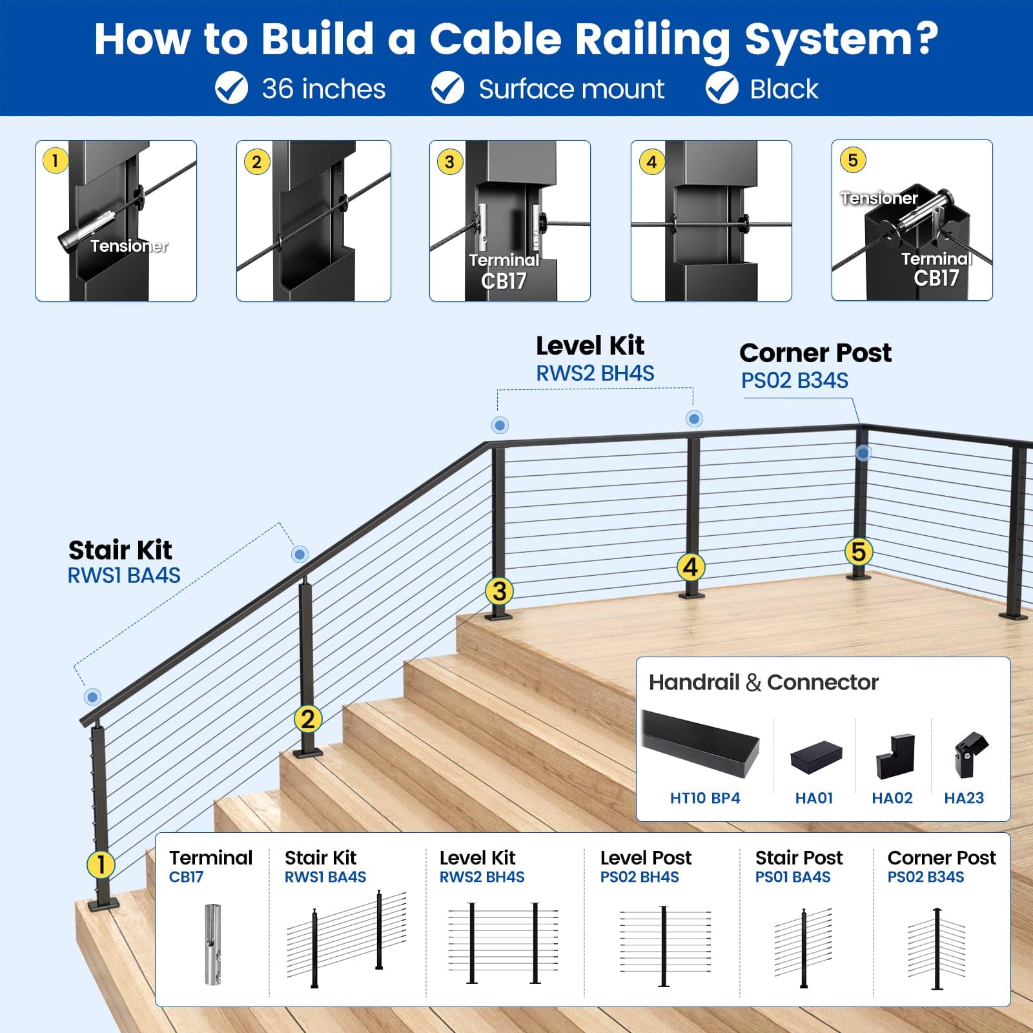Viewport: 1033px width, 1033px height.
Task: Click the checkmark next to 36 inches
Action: tap(231, 88)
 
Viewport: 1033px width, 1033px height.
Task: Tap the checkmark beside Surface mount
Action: tap(447, 88)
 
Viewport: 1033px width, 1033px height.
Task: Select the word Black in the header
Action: tap(784, 89)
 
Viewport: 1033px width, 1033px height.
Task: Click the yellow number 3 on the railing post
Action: tap(499, 591)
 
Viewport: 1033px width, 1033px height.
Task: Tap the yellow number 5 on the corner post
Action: tap(859, 552)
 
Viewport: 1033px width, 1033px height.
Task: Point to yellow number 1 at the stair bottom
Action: tap(101, 864)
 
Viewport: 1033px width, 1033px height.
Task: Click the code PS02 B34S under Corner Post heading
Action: tap(794, 381)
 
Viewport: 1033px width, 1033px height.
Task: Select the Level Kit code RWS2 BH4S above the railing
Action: tap(595, 373)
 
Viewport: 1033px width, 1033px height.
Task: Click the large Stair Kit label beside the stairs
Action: tap(120, 550)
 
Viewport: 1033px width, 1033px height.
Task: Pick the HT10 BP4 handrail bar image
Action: tap(701, 742)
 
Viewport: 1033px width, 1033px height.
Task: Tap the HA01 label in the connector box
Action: tap(813, 798)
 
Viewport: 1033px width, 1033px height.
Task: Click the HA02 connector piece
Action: tap(895, 756)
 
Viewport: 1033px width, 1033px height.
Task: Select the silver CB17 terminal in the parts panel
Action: tap(212, 944)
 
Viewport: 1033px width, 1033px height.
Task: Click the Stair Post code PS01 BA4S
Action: tap(793, 877)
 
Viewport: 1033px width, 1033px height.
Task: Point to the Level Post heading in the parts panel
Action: tap(646, 857)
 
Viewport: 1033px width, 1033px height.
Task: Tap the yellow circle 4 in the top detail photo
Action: tap(651, 161)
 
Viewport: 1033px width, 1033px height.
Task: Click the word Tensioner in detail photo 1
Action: tap(129, 246)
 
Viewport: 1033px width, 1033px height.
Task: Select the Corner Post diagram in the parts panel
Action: tap(937, 948)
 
